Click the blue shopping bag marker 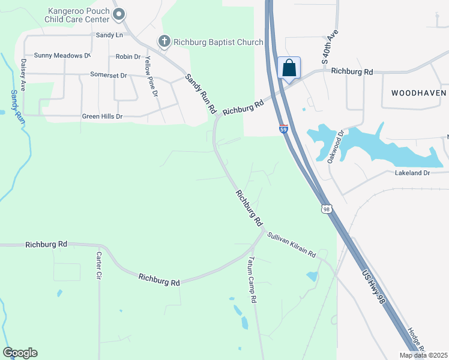pos(289,68)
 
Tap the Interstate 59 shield pos(283,128)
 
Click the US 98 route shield pos(326,209)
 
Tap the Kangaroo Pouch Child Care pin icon pos(119,13)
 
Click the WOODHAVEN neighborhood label pos(419,93)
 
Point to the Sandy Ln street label pos(109,35)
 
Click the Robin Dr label pos(128,56)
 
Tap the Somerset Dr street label pos(108,76)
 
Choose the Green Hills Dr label pos(102,116)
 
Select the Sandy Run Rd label pos(200,94)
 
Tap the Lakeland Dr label pos(412,173)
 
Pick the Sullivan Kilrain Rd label pos(291,245)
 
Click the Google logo pos(20,353)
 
